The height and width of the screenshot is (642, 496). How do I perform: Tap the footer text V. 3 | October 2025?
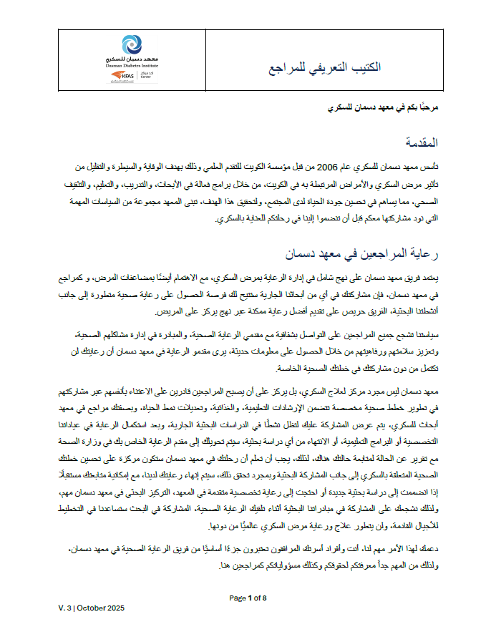click(x=92, y=608)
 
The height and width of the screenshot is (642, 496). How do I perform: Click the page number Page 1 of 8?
click(x=248, y=598)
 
